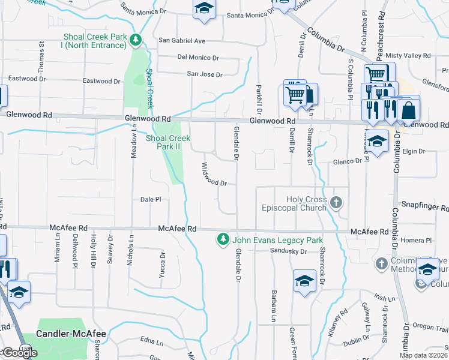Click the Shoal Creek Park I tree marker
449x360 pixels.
pyautogui.click(x=137, y=40)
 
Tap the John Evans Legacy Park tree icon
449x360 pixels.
pyautogui.click(x=223, y=239)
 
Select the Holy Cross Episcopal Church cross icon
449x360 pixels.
pyautogui.click(x=336, y=203)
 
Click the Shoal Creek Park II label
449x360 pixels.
pyautogui.click(x=167, y=142)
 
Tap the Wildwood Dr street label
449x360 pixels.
pyautogui.click(x=214, y=175)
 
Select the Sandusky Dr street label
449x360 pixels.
pyautogui.click(x=288, y=251)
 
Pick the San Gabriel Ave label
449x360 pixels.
pyautogui.click(x=182, y=41)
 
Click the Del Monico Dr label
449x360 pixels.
pyautogui.click(x=198, y=58)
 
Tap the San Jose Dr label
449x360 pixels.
pyautogui.click(x=205, y=74)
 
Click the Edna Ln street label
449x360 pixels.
pyautogui.click(x=151, y=343)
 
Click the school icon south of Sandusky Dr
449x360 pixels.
pyautogui.click(x=304, y=280)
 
